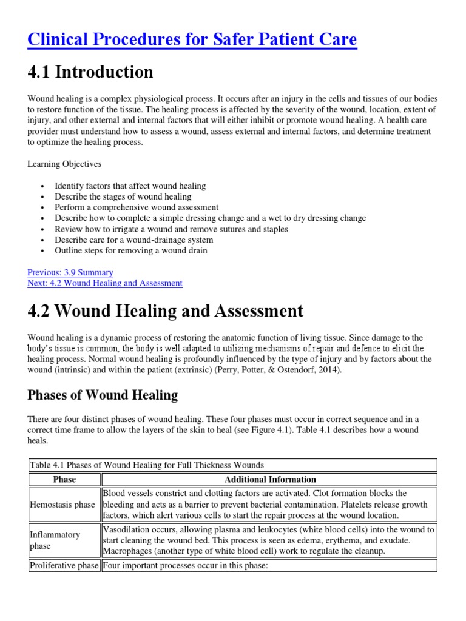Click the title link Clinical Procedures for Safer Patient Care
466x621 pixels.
coord(192,39)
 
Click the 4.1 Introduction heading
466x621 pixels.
coord(90,72)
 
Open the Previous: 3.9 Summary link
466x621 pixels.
coord(70,272)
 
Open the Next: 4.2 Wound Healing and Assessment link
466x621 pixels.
coord(105,283)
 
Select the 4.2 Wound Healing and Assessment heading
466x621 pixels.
coord(166,311)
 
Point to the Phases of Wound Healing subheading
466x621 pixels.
coord(103,395)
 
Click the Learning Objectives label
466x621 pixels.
coord(64,164)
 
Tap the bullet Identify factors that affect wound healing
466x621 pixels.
coord(130,186)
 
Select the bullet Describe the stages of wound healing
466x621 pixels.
coord(123,196)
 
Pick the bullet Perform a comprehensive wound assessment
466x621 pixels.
coord(137,207)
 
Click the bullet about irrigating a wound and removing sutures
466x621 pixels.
coord(171,229)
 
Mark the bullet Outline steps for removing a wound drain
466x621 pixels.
coord(130,250)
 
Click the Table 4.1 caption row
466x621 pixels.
coord(146,465)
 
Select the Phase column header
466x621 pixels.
coord(64,479)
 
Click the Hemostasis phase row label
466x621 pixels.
coord(62,505)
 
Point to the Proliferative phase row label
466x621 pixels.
coord(64,566)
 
